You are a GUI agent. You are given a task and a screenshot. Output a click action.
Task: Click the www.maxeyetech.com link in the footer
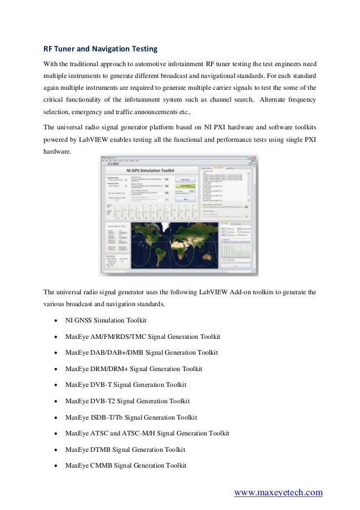tap(278, 492)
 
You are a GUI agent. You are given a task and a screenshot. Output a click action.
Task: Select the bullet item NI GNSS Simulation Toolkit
tap(106, 320)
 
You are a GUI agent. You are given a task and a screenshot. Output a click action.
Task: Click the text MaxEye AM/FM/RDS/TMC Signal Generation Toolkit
tap(142, 337)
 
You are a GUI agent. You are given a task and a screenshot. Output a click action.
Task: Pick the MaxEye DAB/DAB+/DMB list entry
tap(141, 352)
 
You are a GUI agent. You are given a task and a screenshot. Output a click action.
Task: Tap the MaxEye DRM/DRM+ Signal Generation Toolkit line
tap(133, 369)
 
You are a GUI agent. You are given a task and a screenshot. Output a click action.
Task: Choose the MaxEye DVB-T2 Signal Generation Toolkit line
tap(128, 401)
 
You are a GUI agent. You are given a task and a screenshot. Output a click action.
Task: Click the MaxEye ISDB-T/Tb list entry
tap(131, 417)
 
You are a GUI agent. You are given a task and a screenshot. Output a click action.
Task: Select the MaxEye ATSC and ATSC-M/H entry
tap(147, 433)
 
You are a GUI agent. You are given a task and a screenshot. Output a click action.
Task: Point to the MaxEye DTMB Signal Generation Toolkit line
tap(125, 450)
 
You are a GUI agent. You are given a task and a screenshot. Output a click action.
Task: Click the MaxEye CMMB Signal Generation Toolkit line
tap(125, 465)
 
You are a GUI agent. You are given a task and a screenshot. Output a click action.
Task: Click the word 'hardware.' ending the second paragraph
tap(58, 152)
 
